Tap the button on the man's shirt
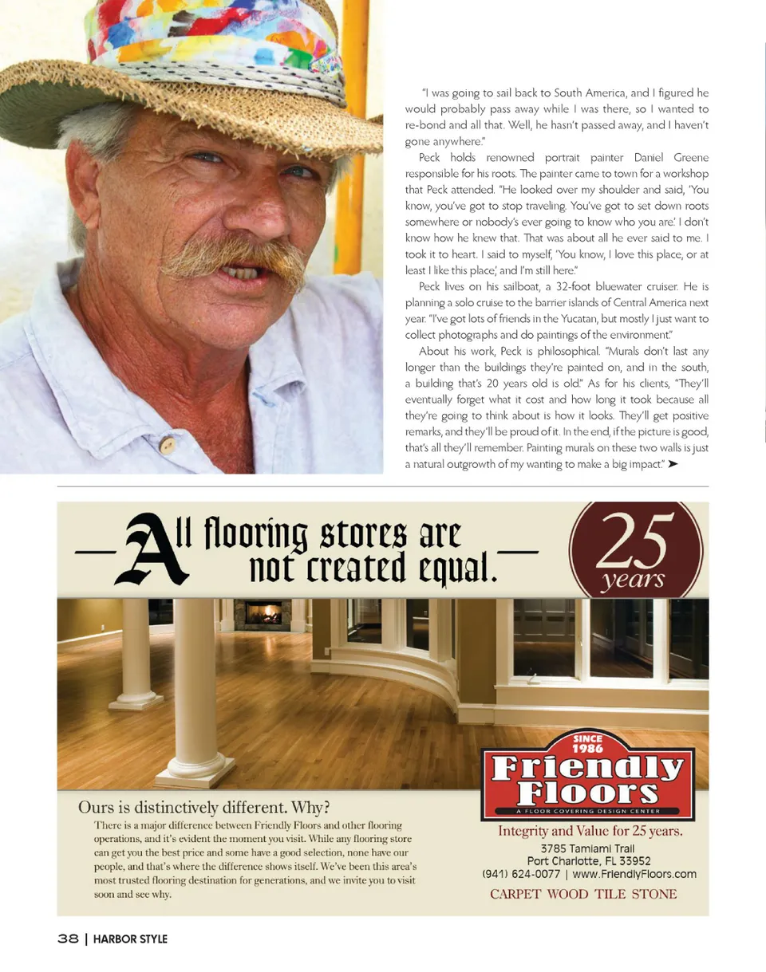click(168, 445)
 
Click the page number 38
click(68, 939)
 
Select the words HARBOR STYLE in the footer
click(130, 939)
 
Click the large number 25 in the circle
click(635, 539)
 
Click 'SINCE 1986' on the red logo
click(587, 744)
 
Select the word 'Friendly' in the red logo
click(587, 769)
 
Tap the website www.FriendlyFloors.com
click(634, 874)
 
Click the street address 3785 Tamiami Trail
click(589, 848)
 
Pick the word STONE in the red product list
click(654, 894)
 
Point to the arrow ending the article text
click(673, 464)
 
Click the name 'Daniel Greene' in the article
click(670, 157)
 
